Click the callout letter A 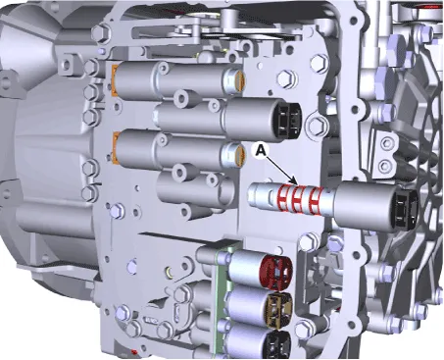click(x=260, y=150)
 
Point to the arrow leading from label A click(x=280, y=170)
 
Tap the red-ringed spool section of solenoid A click(x=298, y=199)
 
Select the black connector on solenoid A click(x=407, y=208)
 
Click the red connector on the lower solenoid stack click(x=275, y=274)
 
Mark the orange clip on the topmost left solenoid click(x=115, y=81)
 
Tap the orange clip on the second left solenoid click(x=115, y=147)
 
